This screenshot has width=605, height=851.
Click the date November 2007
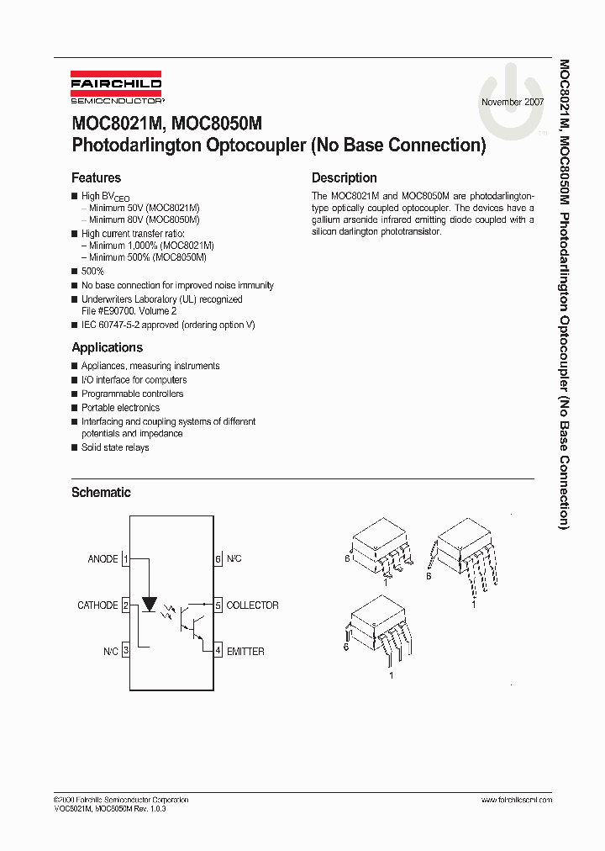tap(512, 102)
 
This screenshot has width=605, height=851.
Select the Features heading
tap(96, 178)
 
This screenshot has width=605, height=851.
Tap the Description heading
tap(344, 178)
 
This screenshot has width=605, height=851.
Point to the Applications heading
tap(107, 347)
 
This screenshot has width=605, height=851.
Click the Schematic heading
tap(101, 493)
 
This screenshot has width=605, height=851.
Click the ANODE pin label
tap(103, 559)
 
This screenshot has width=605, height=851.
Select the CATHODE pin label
tap(97, 605)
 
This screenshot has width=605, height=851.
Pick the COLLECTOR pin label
tap(252, 605)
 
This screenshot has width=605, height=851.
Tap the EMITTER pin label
tap(245, 652)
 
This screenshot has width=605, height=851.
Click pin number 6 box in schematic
tap(218, 559)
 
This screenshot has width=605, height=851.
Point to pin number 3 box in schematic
tap(125, 652)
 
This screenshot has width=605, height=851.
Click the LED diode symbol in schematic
tap(150, 604)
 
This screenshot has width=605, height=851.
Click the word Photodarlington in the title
tap(135, 145)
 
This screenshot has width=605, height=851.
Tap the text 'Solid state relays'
tap(115, 447)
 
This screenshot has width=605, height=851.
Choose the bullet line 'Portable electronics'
tap(120, 408)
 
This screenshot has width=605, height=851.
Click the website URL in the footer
tap(516, 800)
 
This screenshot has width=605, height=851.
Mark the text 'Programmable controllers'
tap(132, 394)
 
